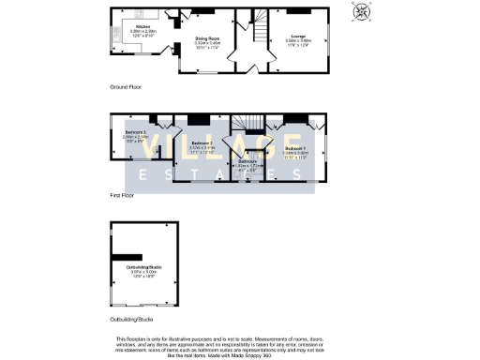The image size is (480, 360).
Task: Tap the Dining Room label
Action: click(194, 38)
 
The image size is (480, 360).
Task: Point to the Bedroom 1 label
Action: click(295, 149)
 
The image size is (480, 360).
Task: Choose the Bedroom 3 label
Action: click(135, 133)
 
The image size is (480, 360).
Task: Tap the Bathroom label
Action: click(247, 161)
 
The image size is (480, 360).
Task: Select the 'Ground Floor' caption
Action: click(125, 86)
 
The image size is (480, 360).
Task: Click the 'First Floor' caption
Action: click(122, 196)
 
